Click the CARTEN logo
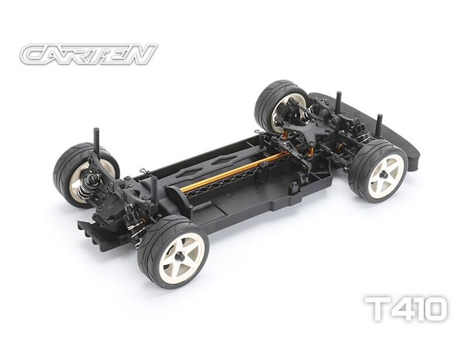[x=88, y=54]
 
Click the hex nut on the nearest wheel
[x=179, y=257]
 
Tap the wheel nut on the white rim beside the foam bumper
[x=385, y=175]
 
